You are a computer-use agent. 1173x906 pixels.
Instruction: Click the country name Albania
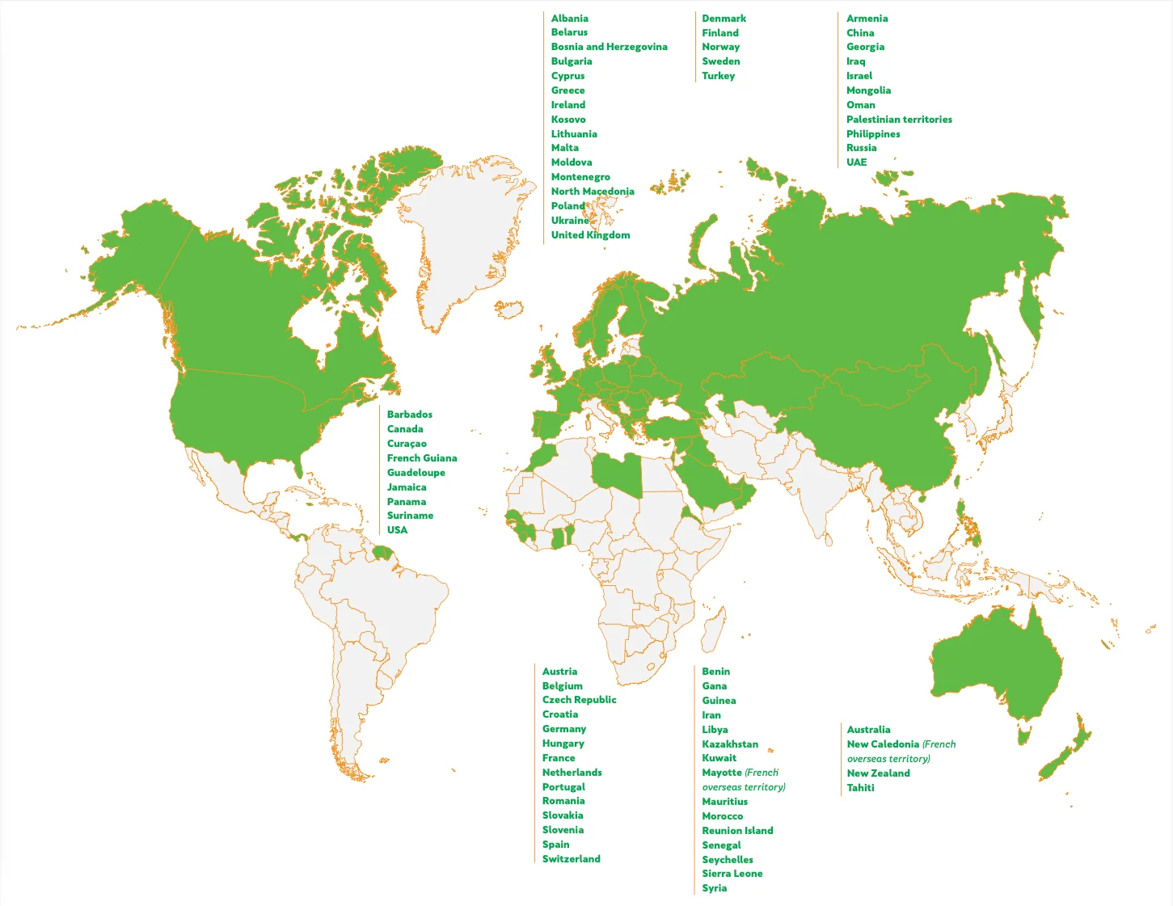click(569, 19)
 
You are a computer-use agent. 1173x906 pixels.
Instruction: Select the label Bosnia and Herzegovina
click(609, 47)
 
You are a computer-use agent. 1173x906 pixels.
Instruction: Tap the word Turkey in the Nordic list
click(718, 76)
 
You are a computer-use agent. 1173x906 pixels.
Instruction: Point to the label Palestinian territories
click(899, 120)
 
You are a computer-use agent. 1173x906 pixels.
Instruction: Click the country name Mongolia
click(868, 91)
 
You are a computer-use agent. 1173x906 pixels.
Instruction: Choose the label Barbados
click(409, 415)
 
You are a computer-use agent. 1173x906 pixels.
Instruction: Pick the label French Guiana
click(421, 458)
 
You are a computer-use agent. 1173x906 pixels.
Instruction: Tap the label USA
click(397, 530)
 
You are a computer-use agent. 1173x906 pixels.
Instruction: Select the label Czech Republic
click(579, 700)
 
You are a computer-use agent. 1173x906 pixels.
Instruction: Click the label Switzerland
click(571, 859)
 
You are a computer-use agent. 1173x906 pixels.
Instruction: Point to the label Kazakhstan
click(730, 744)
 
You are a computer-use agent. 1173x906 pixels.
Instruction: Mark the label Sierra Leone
click(732, 874)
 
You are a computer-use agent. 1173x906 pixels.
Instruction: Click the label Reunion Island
click(737, 831)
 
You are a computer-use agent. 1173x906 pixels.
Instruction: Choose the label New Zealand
click(878, 773)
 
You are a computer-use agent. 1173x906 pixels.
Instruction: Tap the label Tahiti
click(860, 788)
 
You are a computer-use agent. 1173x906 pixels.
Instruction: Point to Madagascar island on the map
click(712, 630)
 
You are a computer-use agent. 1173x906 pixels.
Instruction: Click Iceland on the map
click(508, 309)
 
